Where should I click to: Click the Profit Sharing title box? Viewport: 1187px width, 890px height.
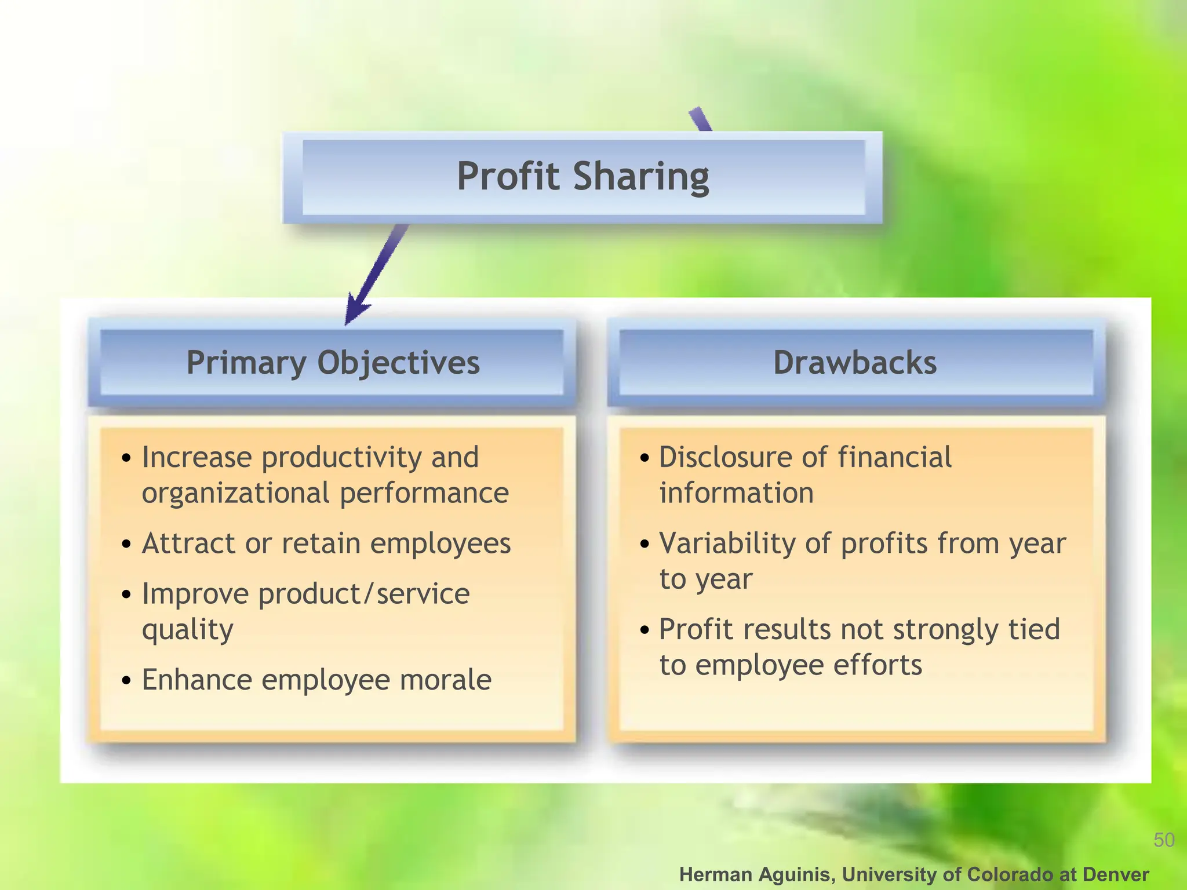pyautogui.click(x=582, y=177)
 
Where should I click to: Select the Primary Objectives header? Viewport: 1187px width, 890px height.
pyautogui.click(x=333, y=363)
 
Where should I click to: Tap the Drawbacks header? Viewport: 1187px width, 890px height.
pyautogui.click(x=855, y=363)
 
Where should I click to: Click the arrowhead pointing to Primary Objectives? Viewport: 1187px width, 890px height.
pyautogui.click(x=355, y=311)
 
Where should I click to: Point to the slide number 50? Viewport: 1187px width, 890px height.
pyautogui.click(x=1163, y=840)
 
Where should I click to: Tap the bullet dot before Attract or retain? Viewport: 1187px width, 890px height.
pyautogui.click(x=126, y=544)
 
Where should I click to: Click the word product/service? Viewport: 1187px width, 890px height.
pyautogui.click(x=364, y=594)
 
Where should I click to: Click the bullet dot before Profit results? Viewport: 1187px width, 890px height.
pyautogui.click(x=645, y=630)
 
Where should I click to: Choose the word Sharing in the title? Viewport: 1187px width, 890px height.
pyautogui.click(x=641, y=177)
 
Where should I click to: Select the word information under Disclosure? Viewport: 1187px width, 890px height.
pyautogui.click(x=736, y=493)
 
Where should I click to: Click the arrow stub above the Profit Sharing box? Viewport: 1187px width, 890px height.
pyautogui.click(x=700, y=119)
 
